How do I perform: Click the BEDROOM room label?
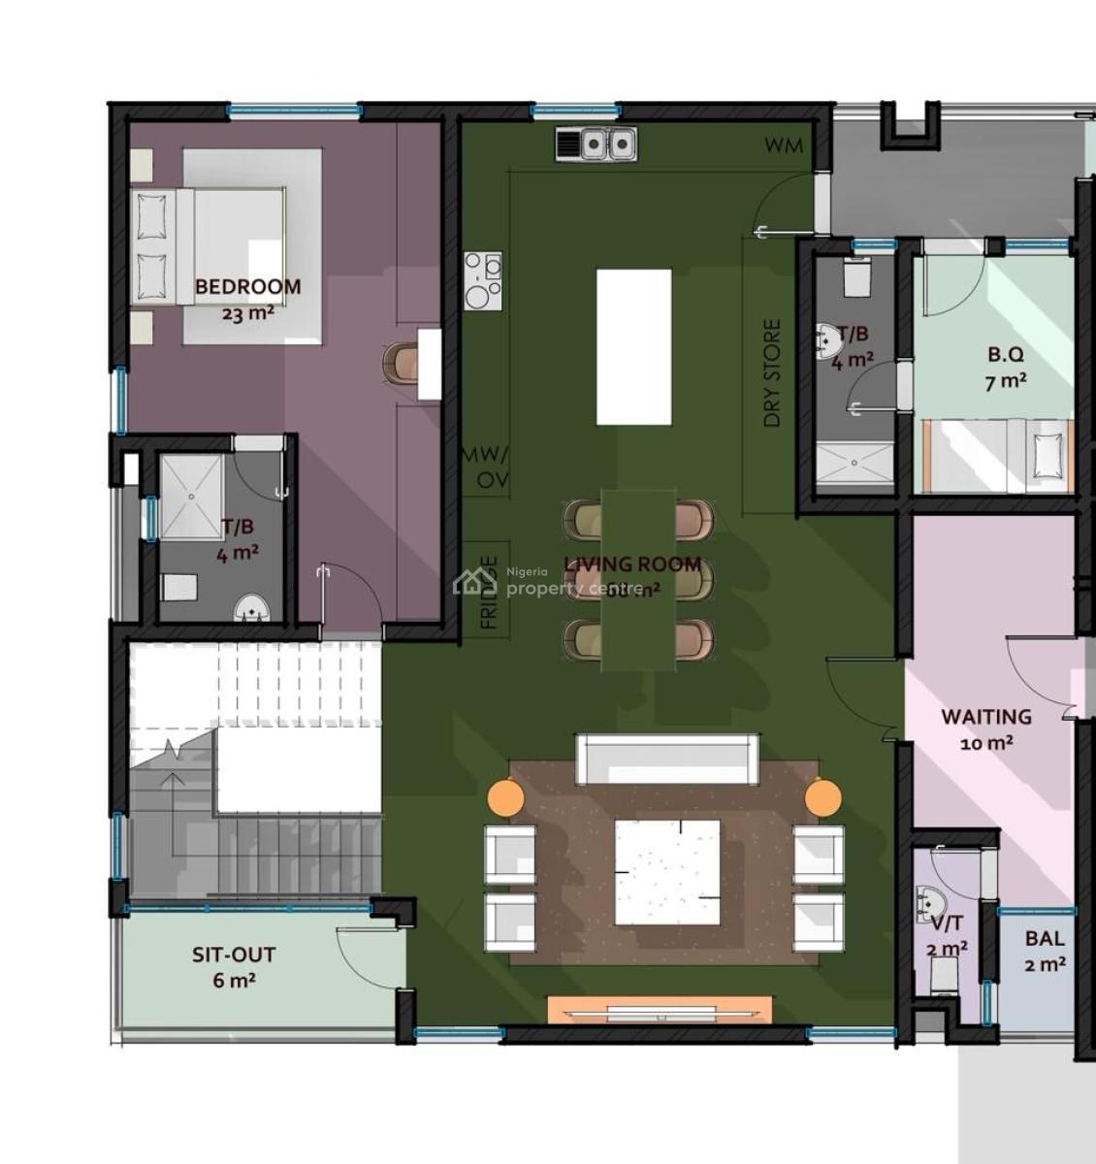(x=247, y=287)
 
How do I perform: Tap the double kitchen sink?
(x=596, y=145)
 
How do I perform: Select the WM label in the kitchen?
(x=784, y=145)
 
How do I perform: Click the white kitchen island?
(x=633, y=346)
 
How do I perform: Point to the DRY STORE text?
(x=772, y=373)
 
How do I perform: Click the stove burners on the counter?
(x=483, y=280)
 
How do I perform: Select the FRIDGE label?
(x=490, y=592)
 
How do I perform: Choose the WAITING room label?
(x=985, y=717)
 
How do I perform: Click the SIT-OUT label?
(x=233, y=954)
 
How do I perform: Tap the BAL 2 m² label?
(x=1044, y=951)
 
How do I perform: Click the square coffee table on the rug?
(x=667, y=872)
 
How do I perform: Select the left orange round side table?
(x=504, y=797)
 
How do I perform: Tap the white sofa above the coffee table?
(x=667, y=759)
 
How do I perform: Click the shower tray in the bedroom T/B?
(x=190, y=496)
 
